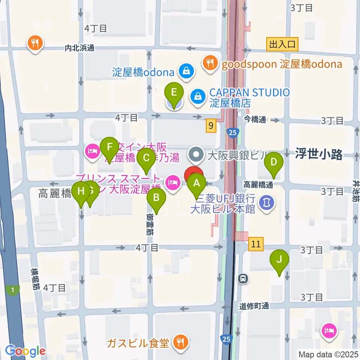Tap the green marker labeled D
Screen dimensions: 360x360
click(274, 162)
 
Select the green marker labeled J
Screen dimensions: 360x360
click(280, 259)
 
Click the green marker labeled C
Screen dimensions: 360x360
click(146, 159)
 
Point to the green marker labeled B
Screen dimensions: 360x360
click(156, 198)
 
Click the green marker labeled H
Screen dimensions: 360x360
click(81, 192)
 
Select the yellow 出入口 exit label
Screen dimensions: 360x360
click(283, 45)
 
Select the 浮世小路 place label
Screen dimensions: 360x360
click(318, 155)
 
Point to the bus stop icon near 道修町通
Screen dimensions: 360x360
click(243, 279)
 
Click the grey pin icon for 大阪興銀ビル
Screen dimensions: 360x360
click(195, 153)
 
